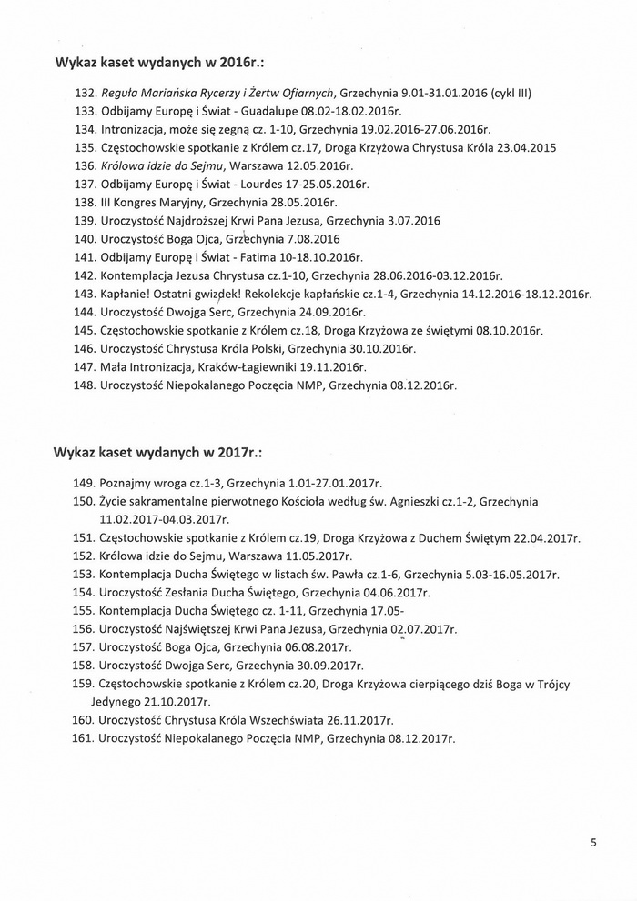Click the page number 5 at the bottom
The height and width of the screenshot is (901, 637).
tap(593, 842)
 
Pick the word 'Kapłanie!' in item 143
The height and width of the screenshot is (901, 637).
tap(124, 294)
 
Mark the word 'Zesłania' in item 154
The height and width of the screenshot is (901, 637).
tap(187, 592)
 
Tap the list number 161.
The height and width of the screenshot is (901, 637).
tap(85, 737)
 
